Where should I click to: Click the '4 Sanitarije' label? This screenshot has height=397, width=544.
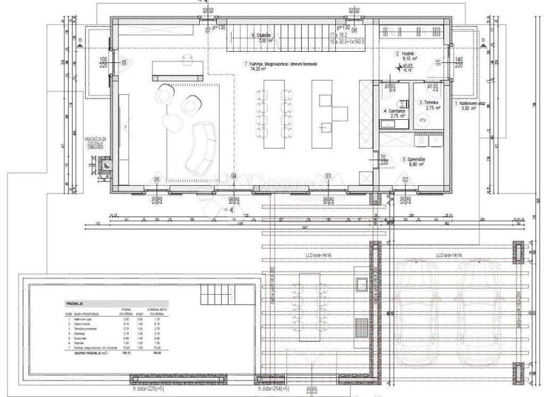click(x=395, y=113)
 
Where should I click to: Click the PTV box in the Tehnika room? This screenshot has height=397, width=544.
click(x=424, y=121)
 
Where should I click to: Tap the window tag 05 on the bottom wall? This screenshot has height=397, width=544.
click(x=157, y=179)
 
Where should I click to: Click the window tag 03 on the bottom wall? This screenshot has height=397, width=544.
click(x=328, y=176)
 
